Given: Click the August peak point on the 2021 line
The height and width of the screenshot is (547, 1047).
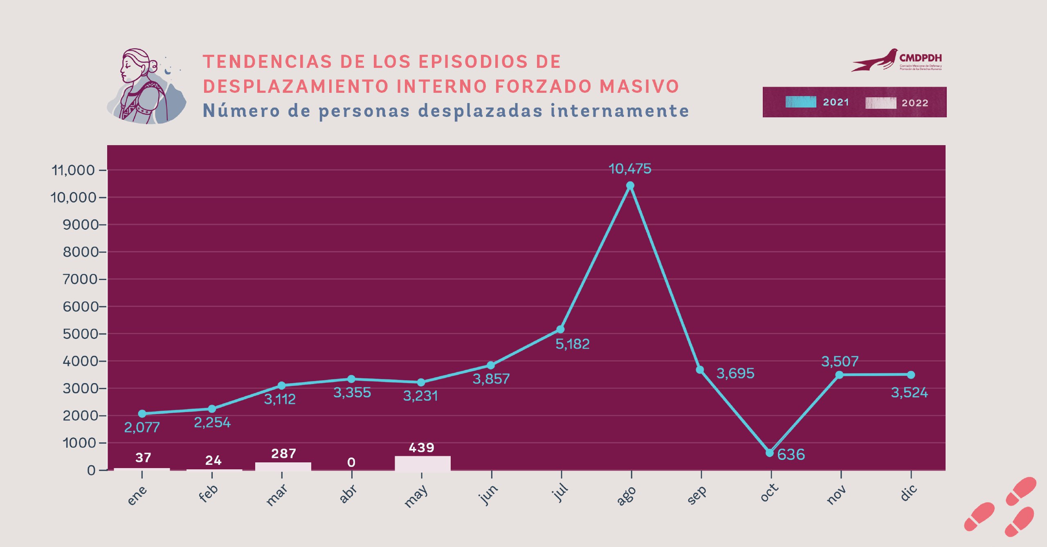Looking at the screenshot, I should tap(630, 186).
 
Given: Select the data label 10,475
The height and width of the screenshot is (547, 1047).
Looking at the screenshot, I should tap(630, 169).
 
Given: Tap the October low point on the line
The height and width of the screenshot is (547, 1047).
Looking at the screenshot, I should tap(770, 453).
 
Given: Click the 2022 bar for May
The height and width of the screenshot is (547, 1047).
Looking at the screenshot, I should tap(422, 463).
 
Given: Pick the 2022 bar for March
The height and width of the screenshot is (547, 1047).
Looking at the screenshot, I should tap(283, 466).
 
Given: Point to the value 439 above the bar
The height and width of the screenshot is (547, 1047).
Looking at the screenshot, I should tap(421, 448).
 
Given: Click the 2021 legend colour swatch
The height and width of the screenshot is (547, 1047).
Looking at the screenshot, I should tap(800, 102).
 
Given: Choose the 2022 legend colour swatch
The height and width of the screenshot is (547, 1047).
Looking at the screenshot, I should tap(881, 103).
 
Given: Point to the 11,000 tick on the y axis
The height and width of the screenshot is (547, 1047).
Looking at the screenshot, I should tap(73, 170).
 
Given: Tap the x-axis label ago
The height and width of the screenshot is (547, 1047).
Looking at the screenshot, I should tap(626, 495).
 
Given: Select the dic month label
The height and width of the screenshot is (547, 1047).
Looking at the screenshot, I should tap(908, 493).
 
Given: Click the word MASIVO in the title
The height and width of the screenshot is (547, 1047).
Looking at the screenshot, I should tap(639, 87).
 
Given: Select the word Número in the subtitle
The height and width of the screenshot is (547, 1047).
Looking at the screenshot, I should tap(241, 111).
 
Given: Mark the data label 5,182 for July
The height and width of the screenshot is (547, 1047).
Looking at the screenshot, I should tap(572, 344).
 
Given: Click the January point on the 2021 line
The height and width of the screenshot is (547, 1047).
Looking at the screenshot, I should tap(142, 414).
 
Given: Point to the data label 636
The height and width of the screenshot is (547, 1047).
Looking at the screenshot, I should tap(791, 455).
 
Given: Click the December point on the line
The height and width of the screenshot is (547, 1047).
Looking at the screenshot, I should tap(911, 375).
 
